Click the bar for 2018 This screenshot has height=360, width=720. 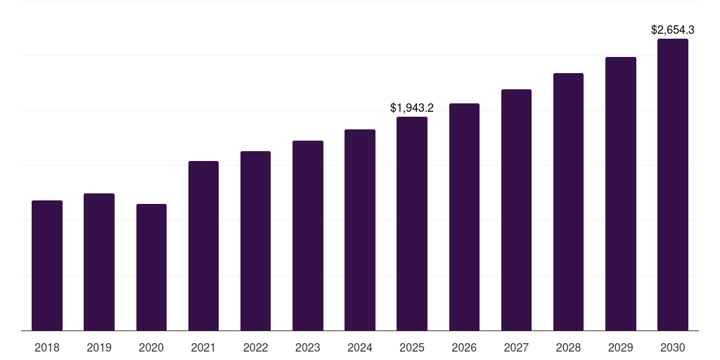[x=47, y=266]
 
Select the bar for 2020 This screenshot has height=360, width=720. [x=151, y=267]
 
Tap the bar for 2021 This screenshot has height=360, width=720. [x=203, y=246]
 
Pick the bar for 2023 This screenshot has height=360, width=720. [x=308, y=236]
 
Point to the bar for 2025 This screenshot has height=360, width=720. [x=412, y=224]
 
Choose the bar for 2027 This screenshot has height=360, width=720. [x=516, y=210]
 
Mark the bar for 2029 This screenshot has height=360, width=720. [x=621, y=194]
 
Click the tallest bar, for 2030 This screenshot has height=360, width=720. [x=673, y=185]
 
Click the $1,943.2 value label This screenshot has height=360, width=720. [x=412, y=108]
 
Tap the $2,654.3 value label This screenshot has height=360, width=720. [x=673, y=30]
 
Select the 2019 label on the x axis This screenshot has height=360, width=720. [x=99, y=347]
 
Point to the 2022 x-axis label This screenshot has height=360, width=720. [x=255, y=347]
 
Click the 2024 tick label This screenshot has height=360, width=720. [x=360, y=347]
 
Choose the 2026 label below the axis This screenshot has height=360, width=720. [x=464, y=347]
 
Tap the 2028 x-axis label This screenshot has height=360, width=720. [x=568, y=347]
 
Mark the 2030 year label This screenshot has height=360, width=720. [x=673, y=347]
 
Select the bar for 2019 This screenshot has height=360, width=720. [x=99, y=262]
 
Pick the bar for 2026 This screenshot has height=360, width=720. [x=464, y=217]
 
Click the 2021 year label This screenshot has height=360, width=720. [x=203, y=347]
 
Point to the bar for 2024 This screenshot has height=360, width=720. [x=360, y=230]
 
